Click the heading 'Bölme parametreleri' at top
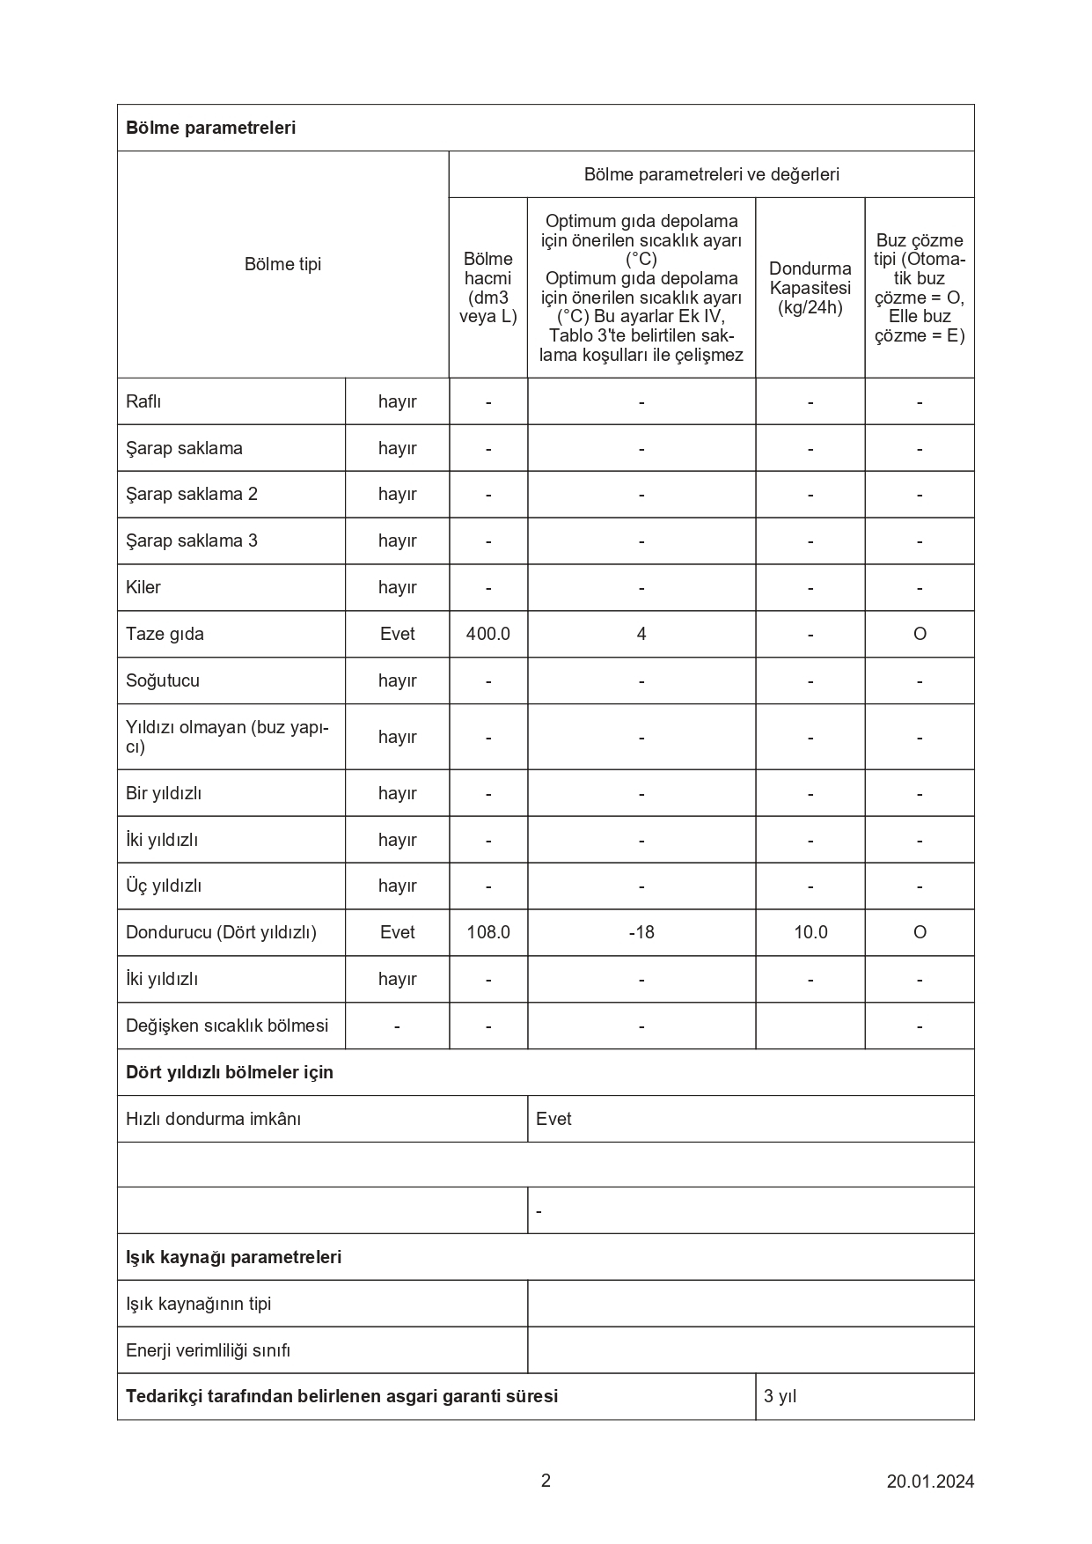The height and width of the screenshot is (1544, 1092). (x=210, y=128)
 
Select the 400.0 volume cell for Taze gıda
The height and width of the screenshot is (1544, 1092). (x=488, y=634)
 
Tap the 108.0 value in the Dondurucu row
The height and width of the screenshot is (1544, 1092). (x=488, y=932)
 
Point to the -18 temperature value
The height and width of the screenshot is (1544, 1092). (x=641, y=932)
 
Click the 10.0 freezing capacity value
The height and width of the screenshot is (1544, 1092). (x=810, y=932)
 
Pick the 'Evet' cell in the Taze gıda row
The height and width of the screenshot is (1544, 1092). (x=397, y=634)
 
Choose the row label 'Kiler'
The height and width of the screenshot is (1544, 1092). (x=143, y=587)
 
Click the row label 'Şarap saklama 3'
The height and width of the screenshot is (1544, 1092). (x=192, y=540)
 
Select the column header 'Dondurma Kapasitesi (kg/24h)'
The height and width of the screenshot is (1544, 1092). (x=810, y=288)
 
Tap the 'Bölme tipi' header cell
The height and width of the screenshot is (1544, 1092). (x=282, y=264)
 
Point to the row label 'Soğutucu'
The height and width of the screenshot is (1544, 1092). (x=163, y=680)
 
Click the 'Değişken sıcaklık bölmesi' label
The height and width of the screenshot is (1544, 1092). (x=227, y=1026)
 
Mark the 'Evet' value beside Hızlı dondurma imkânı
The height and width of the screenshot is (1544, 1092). (x=553, y=1119)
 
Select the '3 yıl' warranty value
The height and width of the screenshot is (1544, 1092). (x=781, y=1396)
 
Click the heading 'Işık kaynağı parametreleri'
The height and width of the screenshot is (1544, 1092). (x=233, y=1257)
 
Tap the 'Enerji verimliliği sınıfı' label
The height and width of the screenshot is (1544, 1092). (x=208, y=1350)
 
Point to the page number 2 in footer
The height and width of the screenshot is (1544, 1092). (x=546, y=1481)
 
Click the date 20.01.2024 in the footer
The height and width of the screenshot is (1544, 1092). (x=930, y=1482)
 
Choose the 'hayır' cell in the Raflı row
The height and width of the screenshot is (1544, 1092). (x=397, y=401)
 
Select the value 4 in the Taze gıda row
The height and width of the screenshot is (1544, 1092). (x=641, y=634)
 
